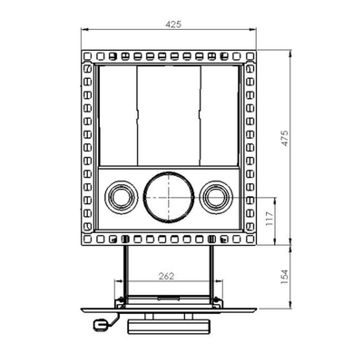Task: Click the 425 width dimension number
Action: click(166, 25)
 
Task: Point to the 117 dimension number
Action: click(270, 218)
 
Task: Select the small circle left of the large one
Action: click(120, 194)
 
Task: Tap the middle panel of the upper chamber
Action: click(167, 114)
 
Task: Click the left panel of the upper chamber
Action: click(116, 114)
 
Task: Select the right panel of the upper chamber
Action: click(219, 114)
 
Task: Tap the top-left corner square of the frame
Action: click(87, 57)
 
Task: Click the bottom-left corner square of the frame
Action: click(87, 240)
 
